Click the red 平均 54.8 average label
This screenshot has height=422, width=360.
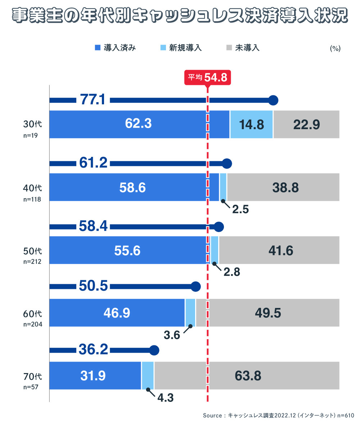[x=207, y=77]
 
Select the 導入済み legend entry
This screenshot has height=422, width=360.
[x=115, y=48]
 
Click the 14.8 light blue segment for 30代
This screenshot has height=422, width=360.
[x=252, y=124]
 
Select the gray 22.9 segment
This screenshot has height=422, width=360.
[x=306, y=124]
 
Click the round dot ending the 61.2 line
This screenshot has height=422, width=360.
[x=226, y=164]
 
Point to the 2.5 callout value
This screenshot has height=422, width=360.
[x=240, y=209]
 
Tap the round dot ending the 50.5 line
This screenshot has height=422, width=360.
[x=195, y=287]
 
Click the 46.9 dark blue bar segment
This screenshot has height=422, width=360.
[x=117, y=313]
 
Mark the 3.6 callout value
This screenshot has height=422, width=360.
[x=172, y=335]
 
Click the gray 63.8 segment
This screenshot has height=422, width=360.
[x=248, y=376]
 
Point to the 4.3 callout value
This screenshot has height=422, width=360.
[x=166, y=398]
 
